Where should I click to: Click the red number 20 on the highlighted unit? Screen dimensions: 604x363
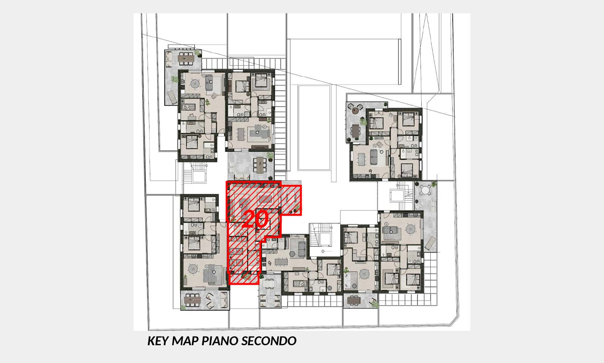click(x=255, y=219)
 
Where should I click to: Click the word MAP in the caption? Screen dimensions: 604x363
click(x=185, y=341)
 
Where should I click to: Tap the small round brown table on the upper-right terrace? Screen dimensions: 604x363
click(x=355, y=110)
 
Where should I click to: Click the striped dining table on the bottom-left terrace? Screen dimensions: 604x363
click(x=192, y=300)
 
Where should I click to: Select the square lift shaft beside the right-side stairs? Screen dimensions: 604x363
click(x=397, y=195)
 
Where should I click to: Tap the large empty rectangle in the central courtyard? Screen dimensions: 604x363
click(x=314, y=128)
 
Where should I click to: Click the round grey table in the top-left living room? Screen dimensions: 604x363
click(x=195, y=84)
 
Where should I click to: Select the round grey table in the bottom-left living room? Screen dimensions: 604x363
click(x=193, y=269)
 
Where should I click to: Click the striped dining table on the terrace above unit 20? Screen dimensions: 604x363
click(x=260, y=165)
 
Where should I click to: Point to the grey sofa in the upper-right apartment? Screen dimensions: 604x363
click(x=374, y=157)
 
